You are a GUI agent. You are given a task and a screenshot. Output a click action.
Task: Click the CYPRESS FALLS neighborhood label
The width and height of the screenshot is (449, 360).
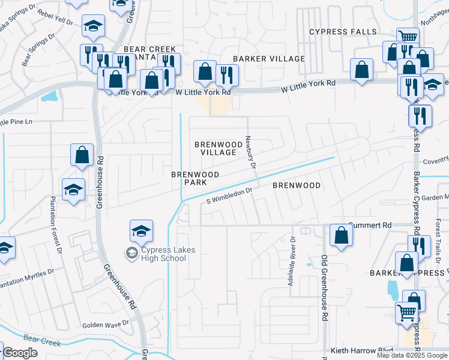(x=343, y=32)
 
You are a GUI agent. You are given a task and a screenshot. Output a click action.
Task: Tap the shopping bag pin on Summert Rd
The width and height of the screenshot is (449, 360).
(x=341, y=236)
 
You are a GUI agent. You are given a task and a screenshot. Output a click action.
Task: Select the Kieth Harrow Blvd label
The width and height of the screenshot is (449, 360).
(x=361, y=350)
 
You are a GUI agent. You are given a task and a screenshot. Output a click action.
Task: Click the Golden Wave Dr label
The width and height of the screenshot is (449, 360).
(x=106, y=323)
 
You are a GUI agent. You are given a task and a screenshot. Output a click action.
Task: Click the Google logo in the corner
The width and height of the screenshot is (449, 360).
(x=20, y=353)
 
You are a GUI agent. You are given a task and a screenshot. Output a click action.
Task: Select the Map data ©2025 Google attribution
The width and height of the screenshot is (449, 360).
(x=412, y=355)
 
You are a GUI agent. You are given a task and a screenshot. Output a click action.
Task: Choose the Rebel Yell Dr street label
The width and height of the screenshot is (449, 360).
(x=55, y=16)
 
